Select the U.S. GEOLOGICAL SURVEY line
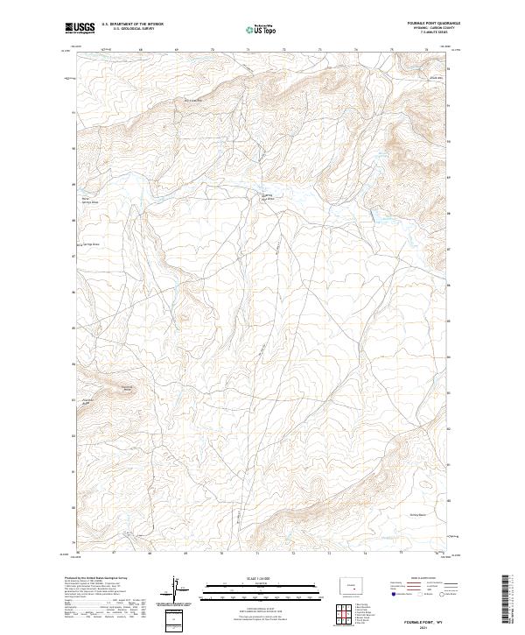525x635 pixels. pos(128,29)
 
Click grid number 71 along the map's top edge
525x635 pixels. pos(248,51)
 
